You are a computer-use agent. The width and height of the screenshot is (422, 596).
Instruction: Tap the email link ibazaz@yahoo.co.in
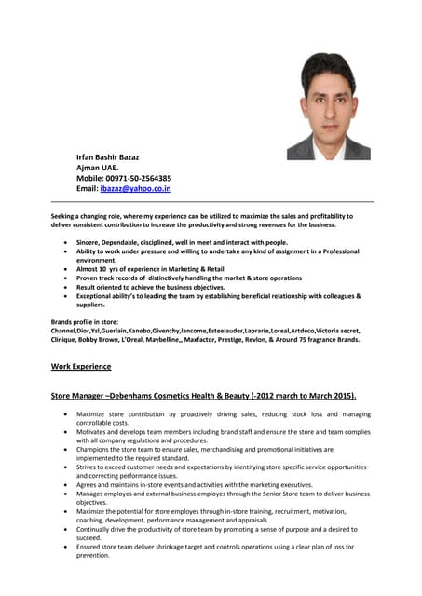(x=135, y=188)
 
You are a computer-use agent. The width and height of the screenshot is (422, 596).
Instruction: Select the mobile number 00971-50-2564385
(x=140, y=178)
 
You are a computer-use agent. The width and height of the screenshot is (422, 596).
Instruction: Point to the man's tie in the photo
(x=328, y=146)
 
